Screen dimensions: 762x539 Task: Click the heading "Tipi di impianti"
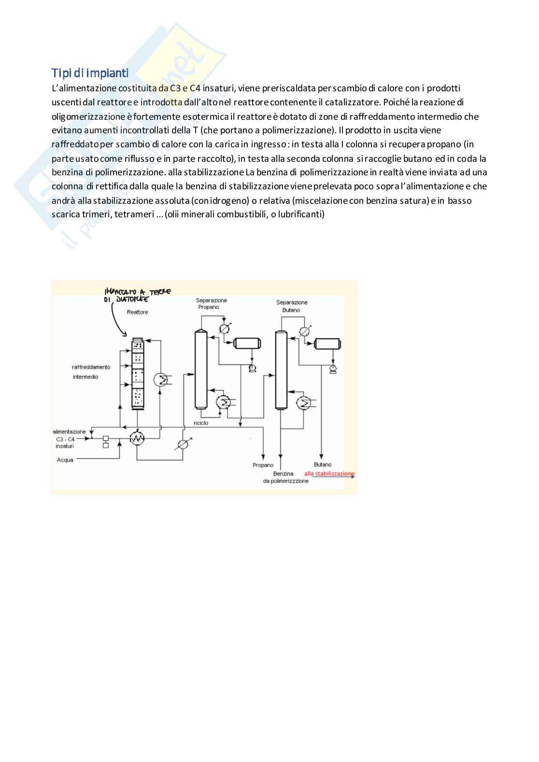point(90,73)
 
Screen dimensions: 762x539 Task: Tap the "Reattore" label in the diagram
point(137,312)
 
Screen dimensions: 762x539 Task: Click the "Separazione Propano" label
point(211,304)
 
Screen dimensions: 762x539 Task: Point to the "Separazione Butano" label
point(292,306)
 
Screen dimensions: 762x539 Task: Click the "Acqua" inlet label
point(65,460)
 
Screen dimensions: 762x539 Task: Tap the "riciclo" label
point(201,423)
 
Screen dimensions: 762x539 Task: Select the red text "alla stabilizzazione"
point(329,474)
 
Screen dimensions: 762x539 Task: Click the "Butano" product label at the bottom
point(323,465)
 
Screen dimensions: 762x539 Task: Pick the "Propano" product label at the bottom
point(263,465)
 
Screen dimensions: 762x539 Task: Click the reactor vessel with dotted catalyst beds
point(138,374)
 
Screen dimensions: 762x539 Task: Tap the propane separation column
point(201,369)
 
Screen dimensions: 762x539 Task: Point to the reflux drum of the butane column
point(327,344)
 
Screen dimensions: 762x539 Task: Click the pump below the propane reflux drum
point(252,368)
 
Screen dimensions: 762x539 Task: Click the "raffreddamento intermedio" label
point(91,372)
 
